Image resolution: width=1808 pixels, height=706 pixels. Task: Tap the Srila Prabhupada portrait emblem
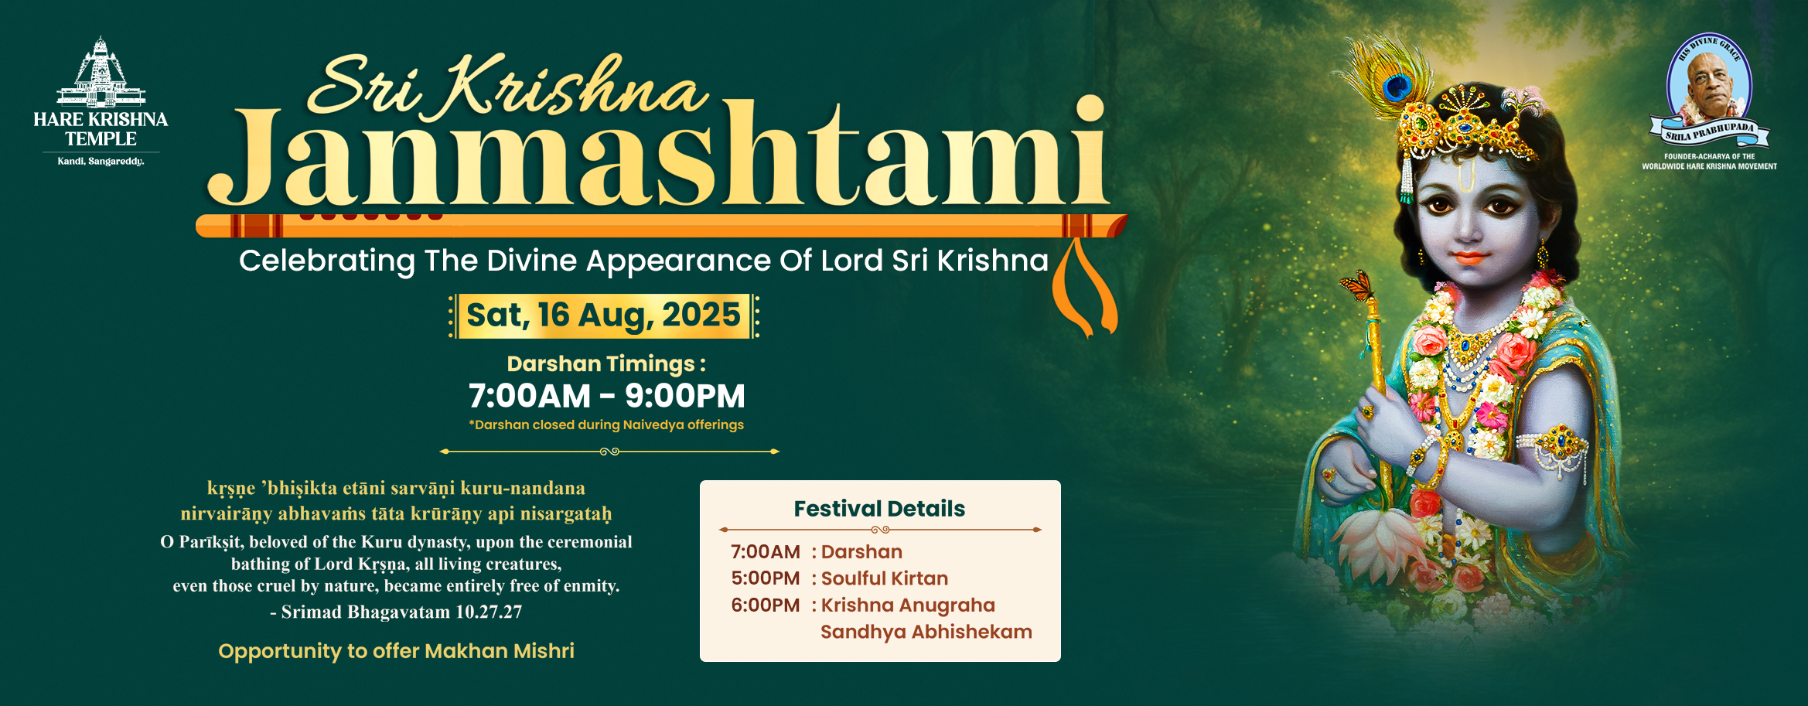(1710, 90)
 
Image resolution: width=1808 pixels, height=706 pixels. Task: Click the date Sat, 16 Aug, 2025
(603, 315)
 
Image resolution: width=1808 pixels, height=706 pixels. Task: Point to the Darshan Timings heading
(606, 363)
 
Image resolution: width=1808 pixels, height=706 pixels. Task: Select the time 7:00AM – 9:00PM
(607, 396)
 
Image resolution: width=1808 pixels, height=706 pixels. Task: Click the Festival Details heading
(879, 509)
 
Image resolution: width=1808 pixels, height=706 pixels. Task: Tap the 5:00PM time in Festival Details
(766, 578)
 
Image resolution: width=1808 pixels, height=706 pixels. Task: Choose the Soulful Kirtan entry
(885, 578)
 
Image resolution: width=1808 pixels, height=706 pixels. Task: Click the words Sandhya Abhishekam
(926, 632)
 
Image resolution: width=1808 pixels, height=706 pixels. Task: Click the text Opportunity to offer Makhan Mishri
(396, 651)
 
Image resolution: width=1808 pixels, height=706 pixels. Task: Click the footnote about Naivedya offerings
(606, 425)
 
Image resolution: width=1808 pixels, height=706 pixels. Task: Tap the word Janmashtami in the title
(657, 155)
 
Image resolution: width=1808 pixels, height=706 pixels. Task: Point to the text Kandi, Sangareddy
(101, 161)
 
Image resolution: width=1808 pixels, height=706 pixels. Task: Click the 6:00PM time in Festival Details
(766, 605)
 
